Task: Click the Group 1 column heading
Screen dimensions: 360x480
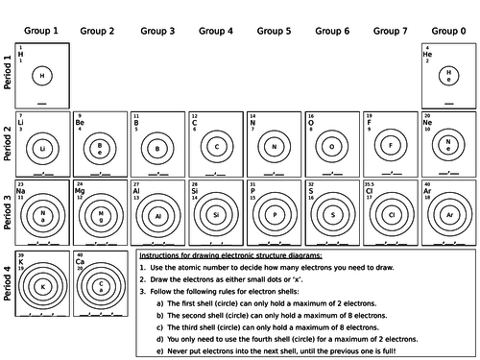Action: [42, 31]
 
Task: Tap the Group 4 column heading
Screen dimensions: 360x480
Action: [216, 31]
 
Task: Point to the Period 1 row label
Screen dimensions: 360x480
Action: [8, 76]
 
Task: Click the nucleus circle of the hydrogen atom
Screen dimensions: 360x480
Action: [42, 76]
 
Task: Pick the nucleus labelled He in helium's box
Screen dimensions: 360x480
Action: [448, 76]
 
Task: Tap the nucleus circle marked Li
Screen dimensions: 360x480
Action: [42, 148]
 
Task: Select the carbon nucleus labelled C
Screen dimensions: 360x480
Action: [217, 147]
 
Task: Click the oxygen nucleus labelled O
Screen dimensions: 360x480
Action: [331, 147]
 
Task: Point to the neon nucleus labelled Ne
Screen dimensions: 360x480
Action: [448, 147]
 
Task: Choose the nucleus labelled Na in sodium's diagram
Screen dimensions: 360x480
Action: [42, 216]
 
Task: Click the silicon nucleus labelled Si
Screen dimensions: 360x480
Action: [217, 216]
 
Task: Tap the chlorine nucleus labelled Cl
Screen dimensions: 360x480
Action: [390, 216]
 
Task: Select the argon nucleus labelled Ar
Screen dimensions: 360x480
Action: [448, 216]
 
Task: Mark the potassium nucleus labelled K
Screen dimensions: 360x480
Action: [42, 286]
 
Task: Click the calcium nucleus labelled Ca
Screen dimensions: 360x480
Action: [100, 286]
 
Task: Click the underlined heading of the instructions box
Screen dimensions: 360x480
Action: [239, 256]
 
